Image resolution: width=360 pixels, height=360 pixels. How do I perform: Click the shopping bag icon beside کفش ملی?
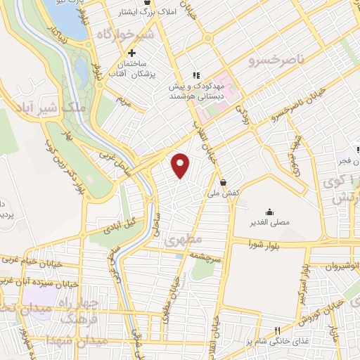[223, 182]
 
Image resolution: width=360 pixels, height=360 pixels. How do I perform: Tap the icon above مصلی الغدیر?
[269, 212]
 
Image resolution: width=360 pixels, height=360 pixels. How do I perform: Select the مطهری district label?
[184, 240]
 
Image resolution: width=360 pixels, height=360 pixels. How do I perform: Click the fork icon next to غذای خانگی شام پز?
[277, 330]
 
